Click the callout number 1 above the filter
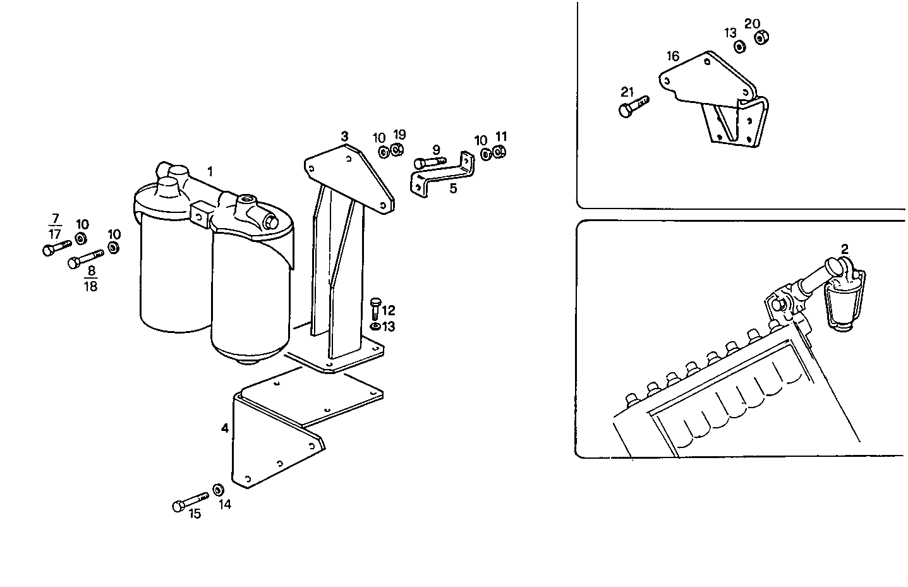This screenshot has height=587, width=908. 210,171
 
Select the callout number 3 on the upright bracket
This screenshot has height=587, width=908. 344,136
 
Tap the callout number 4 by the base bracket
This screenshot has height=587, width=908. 225,428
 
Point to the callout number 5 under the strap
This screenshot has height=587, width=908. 453,188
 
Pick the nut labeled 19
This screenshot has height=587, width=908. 397,150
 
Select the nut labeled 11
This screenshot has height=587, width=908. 499,152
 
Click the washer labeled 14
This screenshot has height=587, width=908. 218,490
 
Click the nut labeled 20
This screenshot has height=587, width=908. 761,38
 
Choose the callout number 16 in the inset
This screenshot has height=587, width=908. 672,56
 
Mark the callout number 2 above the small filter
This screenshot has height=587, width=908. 844,248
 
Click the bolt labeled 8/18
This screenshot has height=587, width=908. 85,258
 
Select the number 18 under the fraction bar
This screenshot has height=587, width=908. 91,286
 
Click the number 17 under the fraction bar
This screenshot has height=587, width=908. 55,233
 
